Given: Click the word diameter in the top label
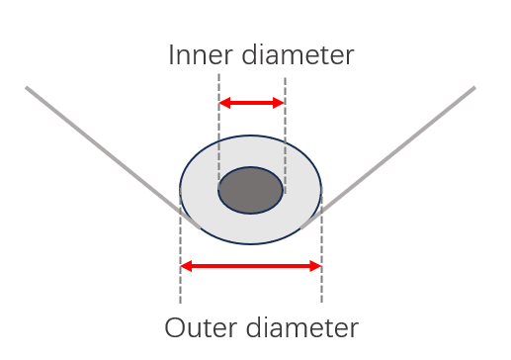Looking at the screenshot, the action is [298, 54].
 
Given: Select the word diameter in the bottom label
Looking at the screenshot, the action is [302, 327].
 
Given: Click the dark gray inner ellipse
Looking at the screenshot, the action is [250, 190].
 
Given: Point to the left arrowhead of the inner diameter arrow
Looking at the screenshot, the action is [224, 103].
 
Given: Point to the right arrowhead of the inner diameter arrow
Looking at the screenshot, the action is [279, 103].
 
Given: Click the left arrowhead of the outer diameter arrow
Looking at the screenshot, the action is [186, 266].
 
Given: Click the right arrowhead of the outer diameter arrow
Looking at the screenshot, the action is [315, 266].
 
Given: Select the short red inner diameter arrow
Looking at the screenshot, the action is [252, 103].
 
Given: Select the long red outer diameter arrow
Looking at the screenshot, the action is [251, 266].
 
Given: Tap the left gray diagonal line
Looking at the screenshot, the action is [113, 157].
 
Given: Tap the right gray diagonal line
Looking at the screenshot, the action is [387, 157].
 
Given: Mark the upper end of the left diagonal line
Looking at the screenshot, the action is [27, 87].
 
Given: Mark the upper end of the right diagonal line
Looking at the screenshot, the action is [474, 87].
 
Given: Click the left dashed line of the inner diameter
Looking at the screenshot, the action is [219, 132].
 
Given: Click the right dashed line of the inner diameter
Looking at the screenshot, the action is [286, 135].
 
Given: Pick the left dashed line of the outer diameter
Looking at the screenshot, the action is [180, 245].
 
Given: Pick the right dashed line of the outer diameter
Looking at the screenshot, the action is [322, 244].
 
